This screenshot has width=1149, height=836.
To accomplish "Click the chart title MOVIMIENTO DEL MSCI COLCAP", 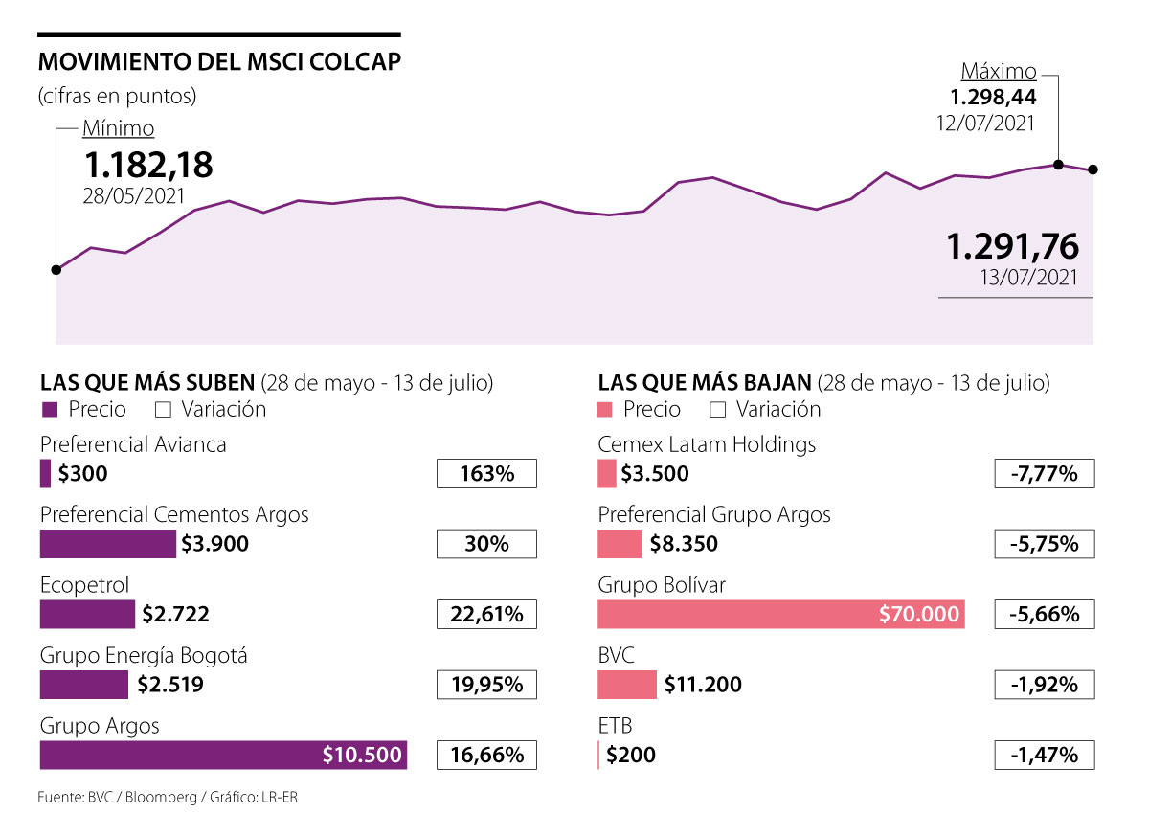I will coord(219,63).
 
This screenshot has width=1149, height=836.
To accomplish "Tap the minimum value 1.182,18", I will coord(147,165).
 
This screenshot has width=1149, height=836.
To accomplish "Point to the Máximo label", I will coord(999,72).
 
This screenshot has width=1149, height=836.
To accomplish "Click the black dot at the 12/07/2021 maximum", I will coord(1058,165).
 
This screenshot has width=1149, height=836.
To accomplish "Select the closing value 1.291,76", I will coord(1013,247).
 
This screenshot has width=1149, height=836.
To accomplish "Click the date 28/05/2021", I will coord(135,194).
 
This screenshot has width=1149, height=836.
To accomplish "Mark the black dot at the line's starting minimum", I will coord(56,270).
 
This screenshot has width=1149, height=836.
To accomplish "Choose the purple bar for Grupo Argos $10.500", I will coord(223,755).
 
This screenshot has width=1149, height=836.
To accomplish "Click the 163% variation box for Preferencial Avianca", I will coord(486,474).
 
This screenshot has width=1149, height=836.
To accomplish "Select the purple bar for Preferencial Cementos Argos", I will coord(108,544).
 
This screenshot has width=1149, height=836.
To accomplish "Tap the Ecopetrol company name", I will coord(84,585).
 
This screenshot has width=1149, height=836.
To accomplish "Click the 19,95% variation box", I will coord(486,685).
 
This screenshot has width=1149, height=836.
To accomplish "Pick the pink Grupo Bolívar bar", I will coord(780,614).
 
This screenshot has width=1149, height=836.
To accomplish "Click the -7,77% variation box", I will coord(1044,474).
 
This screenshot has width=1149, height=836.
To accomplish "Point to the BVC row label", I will coord(616,655).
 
